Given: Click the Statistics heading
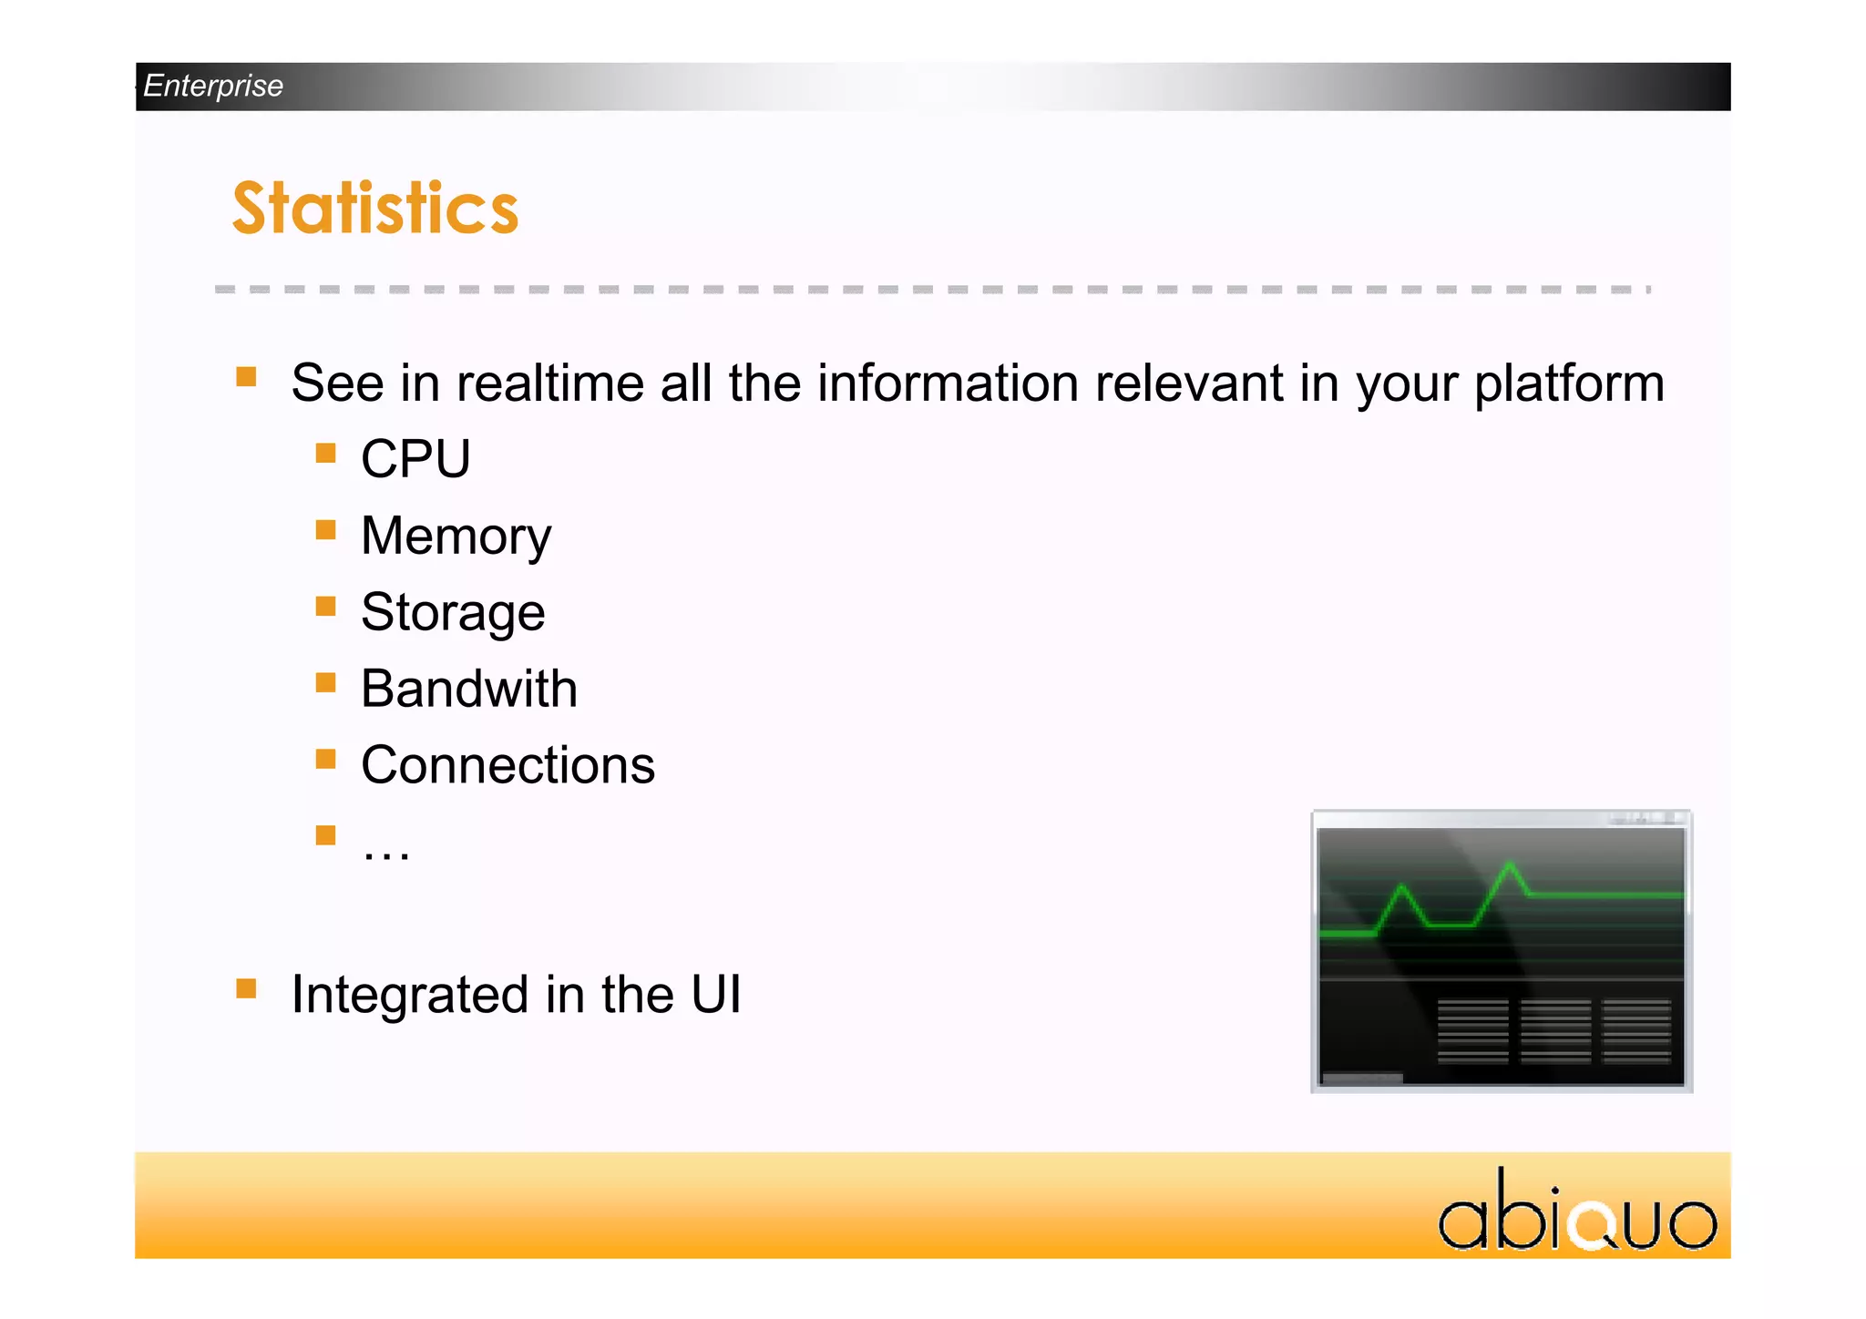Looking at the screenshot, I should tap(375, 208).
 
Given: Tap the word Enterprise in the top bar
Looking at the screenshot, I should tap(213, 86).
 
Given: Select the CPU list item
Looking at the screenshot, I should tap(415, 458).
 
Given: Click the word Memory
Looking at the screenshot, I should tap(456, 536).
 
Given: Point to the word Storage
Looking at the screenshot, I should tap(453, 612).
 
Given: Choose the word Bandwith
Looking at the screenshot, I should tap(469, 689).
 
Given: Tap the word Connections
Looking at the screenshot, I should tap(508, 765).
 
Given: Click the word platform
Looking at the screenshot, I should tap(1569, 384).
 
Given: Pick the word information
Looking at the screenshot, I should tap(948, 383).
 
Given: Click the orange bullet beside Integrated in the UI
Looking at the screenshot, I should tap(246, 988).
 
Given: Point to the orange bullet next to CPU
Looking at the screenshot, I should tap(325, 453).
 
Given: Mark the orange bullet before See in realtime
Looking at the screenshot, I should tap(246, 376).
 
